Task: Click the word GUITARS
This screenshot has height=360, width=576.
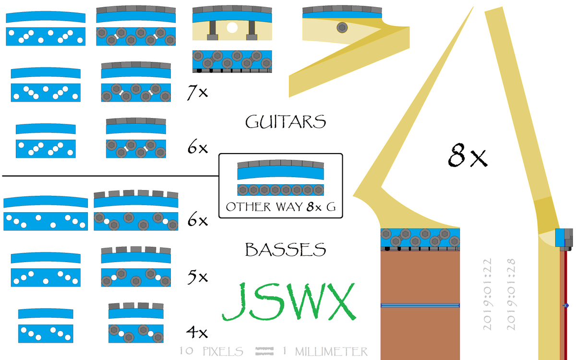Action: [x=286, y=122]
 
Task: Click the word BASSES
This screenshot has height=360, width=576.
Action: [x=286, y=250]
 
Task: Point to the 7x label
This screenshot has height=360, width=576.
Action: [x=197, y=92]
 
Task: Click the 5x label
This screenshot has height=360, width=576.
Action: [x=197, y=277]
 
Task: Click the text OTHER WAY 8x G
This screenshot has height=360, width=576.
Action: [x=280, y=207]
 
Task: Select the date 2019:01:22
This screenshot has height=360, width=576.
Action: [x=488, y=294]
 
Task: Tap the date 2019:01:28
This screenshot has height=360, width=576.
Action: [x=511, y=294]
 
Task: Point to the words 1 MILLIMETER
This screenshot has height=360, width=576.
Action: [x=325, y=351]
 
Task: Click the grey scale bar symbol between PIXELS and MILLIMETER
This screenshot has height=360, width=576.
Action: [x=264, y=351]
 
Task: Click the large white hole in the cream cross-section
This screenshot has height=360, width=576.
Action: [x=232, y=28]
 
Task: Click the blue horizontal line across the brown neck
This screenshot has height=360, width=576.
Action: [x=420, y=305]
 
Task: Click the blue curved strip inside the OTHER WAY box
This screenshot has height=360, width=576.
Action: [x=280, y=173]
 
